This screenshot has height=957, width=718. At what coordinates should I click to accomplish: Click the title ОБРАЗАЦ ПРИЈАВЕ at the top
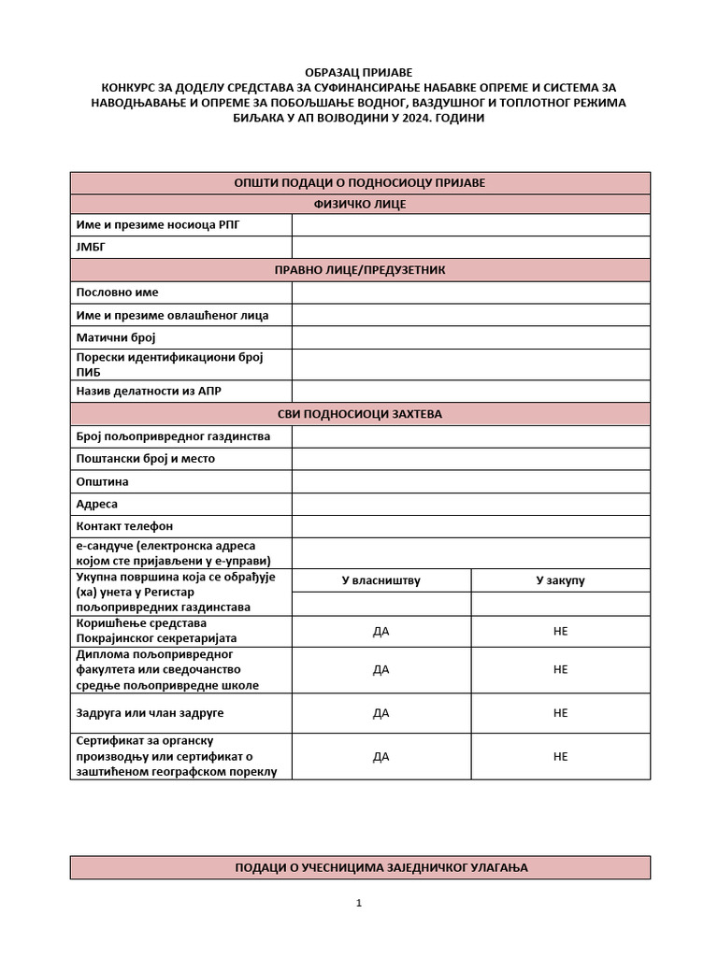(x=359, y=72)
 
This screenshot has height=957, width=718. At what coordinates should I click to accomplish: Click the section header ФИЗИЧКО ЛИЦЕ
(x=359, y=204)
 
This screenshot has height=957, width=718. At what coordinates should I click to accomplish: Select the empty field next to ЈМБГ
(x=470, y=248)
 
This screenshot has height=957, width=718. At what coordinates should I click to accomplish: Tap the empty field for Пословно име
(x=470, y=293)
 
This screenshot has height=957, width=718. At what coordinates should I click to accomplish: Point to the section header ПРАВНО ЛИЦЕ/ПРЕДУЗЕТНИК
(x=359, y=270)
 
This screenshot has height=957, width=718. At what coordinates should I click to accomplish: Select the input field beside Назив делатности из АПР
(x=470, y=392)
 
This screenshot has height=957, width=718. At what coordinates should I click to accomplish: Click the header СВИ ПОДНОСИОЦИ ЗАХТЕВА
(x=359, y=414)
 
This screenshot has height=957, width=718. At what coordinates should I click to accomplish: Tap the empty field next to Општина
(x=470, y=482)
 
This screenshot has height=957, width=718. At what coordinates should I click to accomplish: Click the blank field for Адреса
(x=470, y=505)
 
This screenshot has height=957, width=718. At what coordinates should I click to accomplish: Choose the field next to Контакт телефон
(x=470, y=527)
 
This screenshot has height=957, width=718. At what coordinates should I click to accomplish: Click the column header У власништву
(x=381, y=580)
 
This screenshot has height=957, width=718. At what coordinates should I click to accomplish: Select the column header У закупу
(x=560, y=580)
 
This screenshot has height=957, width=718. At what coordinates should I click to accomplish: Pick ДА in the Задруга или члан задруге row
(x=381, y=713)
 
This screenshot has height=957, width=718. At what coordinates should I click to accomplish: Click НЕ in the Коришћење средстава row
(x=560, y=631)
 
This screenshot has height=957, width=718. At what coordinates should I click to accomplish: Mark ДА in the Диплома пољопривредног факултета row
(x=381, y=669)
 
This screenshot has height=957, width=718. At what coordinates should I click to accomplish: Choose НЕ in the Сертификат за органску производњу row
(x=560, y=757)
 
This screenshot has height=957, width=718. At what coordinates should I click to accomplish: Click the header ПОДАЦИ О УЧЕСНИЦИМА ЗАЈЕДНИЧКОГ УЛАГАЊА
(x=359, y=868)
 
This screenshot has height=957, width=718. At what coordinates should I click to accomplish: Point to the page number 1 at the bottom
(x=359, y=903)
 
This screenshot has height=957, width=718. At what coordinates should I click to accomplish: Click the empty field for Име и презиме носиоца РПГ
(x=470, y=225)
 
